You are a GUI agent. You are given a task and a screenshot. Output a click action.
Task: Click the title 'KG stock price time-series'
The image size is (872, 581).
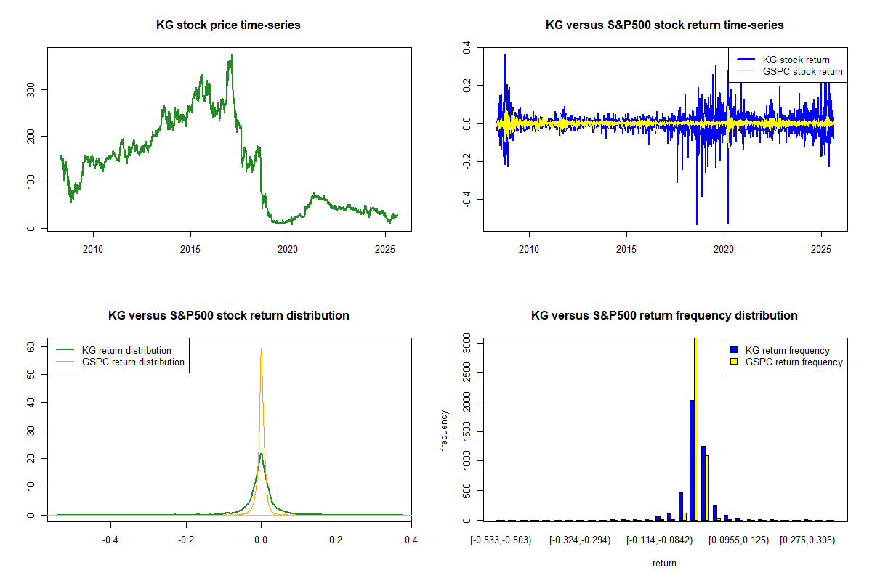[228, 25]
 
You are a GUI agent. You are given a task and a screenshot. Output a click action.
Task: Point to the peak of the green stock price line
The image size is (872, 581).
[231, 55]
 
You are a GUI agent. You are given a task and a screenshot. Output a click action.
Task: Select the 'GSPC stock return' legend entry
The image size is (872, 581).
[802, 71]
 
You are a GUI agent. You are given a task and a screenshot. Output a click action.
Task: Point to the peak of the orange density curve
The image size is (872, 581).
[261, 349]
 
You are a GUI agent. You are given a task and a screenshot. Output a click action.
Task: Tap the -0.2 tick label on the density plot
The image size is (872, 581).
[186, 540]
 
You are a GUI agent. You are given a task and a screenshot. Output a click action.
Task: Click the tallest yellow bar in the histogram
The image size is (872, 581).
[695, 428]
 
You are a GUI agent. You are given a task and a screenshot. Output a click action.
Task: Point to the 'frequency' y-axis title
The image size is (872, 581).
[445, 430]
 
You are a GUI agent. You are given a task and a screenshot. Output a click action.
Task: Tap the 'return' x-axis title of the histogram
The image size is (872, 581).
[664, 563]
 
